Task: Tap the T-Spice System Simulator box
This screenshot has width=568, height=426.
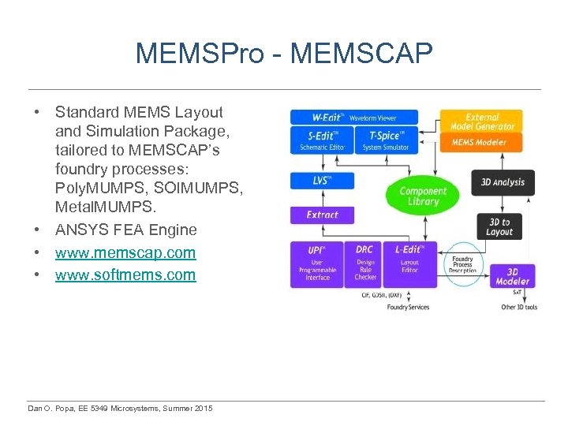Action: pyautogui.click(x=387, y=141)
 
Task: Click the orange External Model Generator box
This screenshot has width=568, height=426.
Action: pyautogui.click(x=483, y=121)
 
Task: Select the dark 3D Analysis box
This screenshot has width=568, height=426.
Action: pyautogui.click(x=503, y=183)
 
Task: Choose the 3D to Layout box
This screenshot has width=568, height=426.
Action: pyautogui.click(x=499, y=227)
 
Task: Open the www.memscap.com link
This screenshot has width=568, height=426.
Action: pyautogui.click(x=125, y=252)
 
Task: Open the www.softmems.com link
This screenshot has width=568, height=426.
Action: pyautogui.click(x=125, y=275)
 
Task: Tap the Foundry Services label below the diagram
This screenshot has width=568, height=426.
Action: pyautogui.click(x=408, y=307)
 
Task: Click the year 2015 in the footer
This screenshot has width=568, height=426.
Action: pyautogui.click(x=201, y=408)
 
